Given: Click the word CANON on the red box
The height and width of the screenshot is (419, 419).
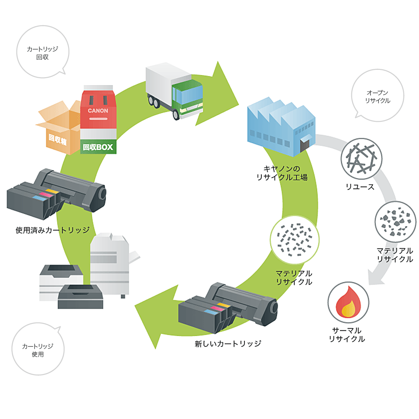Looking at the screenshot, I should [98, 110].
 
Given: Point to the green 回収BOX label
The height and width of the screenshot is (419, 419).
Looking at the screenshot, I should [98, 147].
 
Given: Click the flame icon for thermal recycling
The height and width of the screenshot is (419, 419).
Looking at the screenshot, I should [348, 302].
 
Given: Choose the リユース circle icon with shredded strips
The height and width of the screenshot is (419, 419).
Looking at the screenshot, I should [361, 159].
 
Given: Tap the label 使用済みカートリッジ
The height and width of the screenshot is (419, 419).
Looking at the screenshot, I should [52, 230].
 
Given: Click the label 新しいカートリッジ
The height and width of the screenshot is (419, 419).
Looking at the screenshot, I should [228, 343].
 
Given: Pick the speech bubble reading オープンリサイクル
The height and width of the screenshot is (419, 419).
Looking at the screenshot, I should [378, 96].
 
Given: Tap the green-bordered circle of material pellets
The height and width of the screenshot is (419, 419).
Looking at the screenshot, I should [294, 239].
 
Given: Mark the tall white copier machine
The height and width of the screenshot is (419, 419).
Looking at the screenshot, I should [110, 262].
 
